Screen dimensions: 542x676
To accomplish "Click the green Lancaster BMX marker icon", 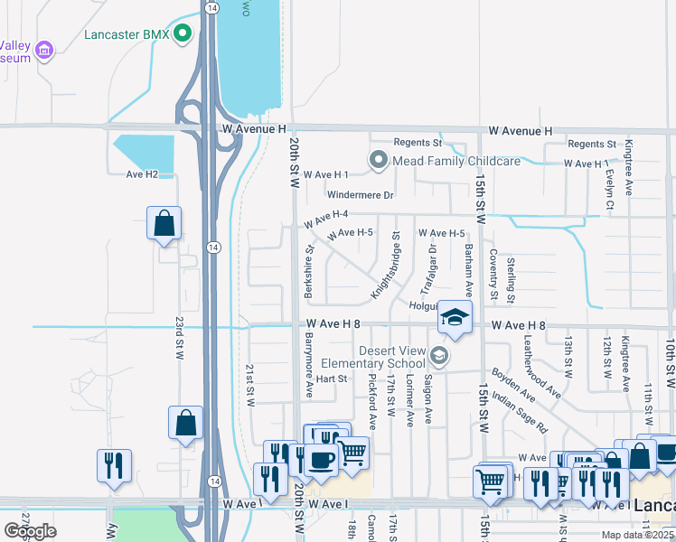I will coord(183,35).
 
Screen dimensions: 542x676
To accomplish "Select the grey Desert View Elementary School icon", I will coord(439,357).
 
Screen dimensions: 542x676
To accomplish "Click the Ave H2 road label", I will coord(142,174).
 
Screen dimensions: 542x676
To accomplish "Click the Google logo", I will coord(31,531).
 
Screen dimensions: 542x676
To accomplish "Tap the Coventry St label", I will coord(493,274).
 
